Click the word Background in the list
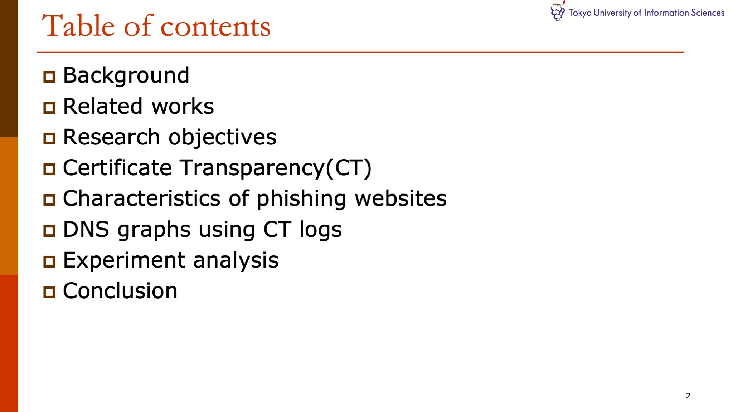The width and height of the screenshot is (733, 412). [x=126, y=76]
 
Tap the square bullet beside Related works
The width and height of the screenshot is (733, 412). [x=49, y=108]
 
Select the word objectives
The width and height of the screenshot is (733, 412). [x=222, y=137]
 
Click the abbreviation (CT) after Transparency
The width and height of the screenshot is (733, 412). [x=348, y=168]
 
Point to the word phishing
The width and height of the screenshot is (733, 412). [x=301, y=199]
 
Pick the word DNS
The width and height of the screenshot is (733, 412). [x=86, y=229]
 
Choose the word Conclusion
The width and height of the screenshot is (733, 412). [x=120, y=291]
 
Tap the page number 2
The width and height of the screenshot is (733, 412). [x=688, y=396]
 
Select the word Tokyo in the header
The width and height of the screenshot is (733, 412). [x=580, y=13]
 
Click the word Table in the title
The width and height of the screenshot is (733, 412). [x=78, y=26]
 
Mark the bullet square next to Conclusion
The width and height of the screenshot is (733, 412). [x=49, y=292]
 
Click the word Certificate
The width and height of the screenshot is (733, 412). [x=117, y=168]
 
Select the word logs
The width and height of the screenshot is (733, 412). [x=320, y=230]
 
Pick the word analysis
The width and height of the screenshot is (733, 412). [x=236, y=260]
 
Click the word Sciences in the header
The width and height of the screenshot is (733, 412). [x=708, y=13]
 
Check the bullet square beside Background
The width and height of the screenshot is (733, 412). [x=49, y=77]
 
